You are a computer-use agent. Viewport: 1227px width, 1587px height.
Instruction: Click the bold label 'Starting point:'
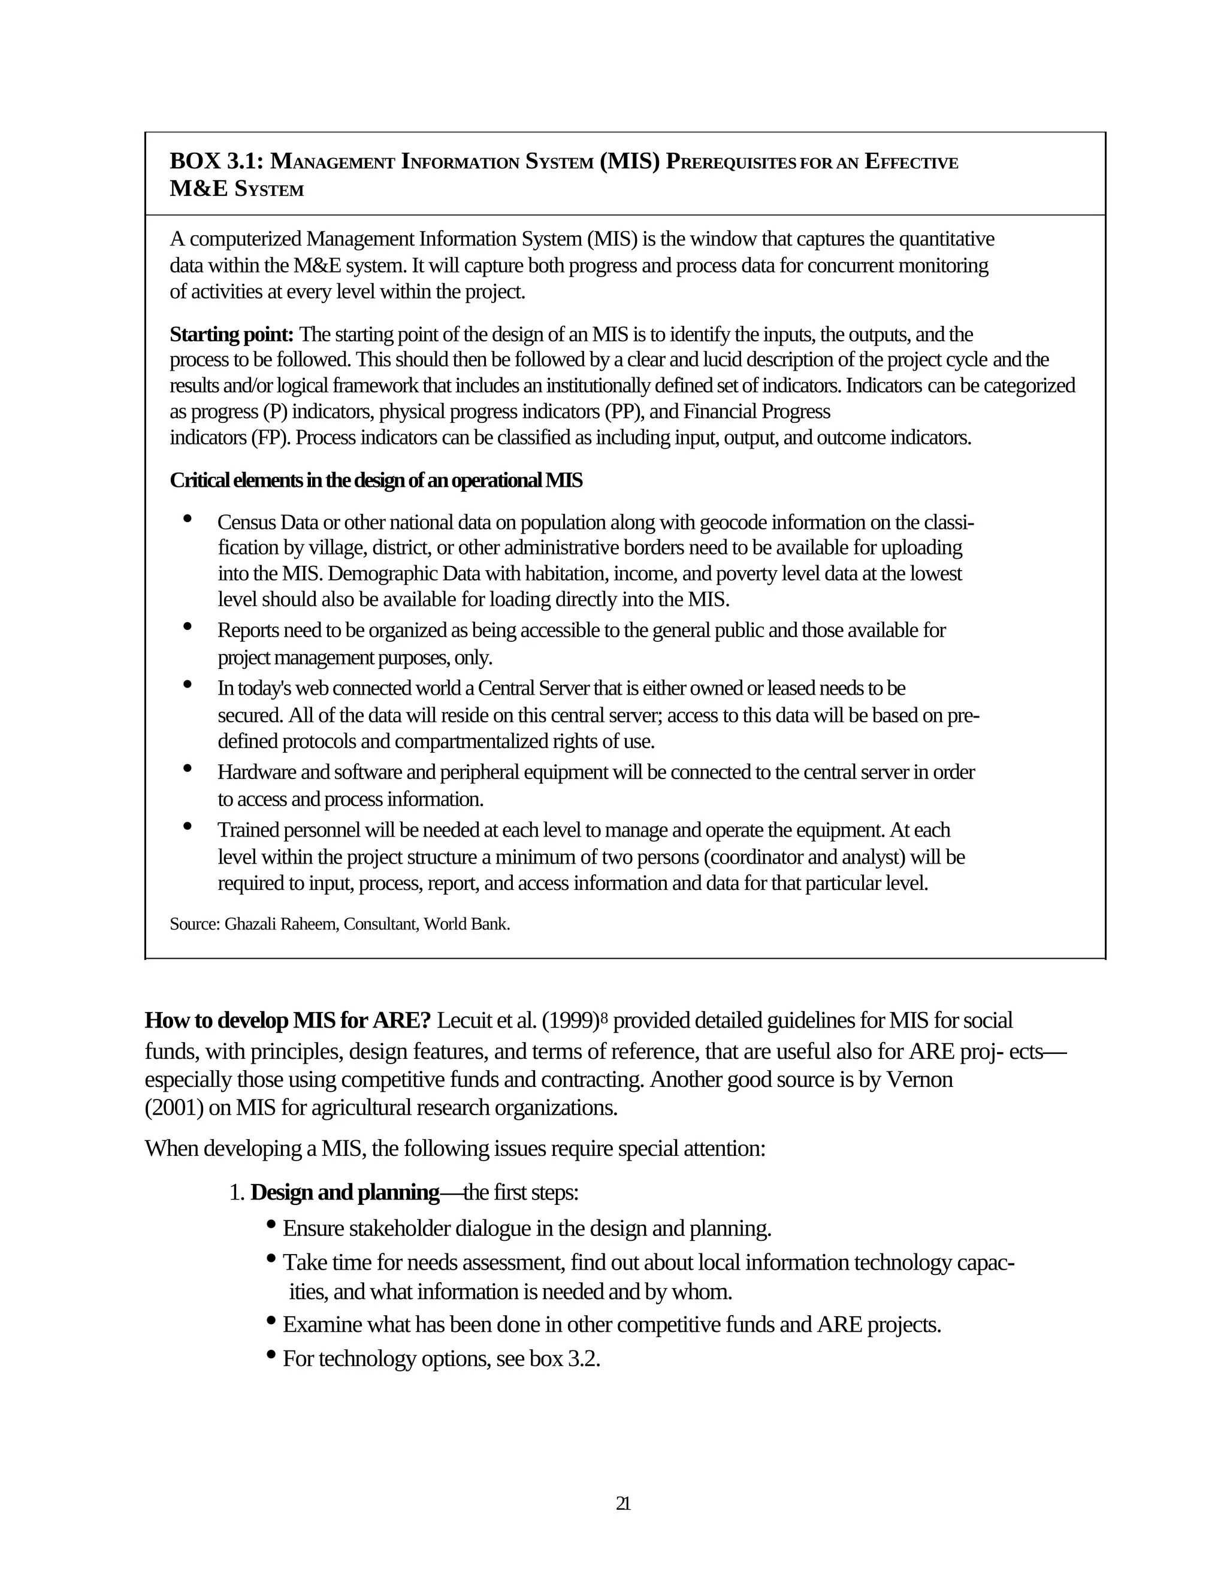[231, 334]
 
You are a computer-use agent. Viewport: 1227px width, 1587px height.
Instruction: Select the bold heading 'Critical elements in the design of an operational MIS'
[376, 480]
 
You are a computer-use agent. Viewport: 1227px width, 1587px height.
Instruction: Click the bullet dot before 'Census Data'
[188, 518]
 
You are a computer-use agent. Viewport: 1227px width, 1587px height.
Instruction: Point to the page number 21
[623, 1503]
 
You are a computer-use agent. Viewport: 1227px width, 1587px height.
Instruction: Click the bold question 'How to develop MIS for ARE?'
[288, 1021]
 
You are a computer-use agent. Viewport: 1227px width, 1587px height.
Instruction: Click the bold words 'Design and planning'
[344, 1192]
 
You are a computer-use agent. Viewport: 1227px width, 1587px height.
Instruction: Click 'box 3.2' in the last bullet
[563, 1358]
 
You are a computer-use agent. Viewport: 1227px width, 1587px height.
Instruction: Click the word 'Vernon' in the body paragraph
[919, 1079]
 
